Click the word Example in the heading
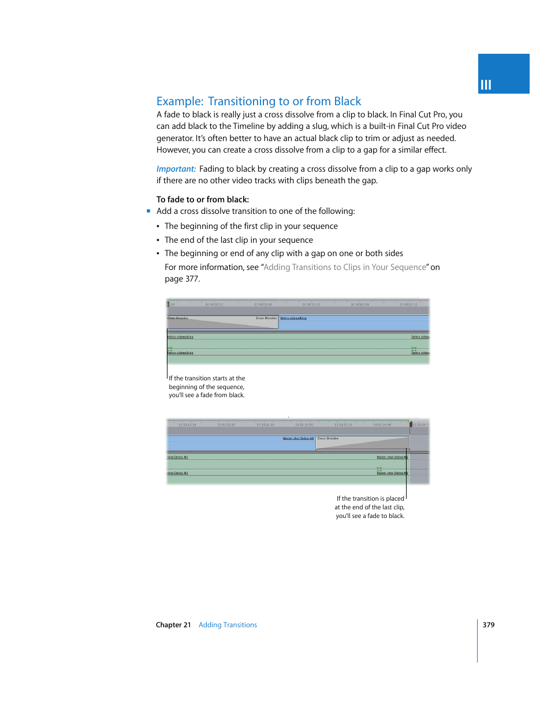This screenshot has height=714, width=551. point(180,102)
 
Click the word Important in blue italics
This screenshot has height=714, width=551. point(176,169)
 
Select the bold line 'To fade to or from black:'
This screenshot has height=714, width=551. point(203,199)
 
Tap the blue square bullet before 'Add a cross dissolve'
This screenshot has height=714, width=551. point(148,211)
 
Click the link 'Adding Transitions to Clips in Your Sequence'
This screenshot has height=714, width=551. point(345,267)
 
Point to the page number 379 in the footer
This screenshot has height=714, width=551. point(489,625)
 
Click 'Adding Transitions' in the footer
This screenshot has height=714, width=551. point(228,625)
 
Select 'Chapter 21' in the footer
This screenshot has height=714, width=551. point(173,625)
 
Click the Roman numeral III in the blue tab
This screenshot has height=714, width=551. point(486,85)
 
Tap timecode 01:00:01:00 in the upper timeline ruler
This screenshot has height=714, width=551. point(263,304)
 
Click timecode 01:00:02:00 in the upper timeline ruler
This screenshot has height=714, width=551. point(360,304)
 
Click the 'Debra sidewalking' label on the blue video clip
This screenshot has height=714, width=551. point(293,318)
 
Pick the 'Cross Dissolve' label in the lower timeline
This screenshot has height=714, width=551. point(328,438)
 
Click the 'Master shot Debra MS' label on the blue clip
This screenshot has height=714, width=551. point(298,438)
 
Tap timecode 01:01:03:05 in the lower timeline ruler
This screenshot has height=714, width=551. point(304,424)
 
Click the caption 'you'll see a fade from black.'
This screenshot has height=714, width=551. point(207,395)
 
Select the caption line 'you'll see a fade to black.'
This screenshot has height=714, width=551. point(370,516)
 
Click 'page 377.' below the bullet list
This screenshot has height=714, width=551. point(182,279)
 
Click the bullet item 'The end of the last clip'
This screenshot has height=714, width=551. point(239,240)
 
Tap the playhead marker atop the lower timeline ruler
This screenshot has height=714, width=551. point(411,424)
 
